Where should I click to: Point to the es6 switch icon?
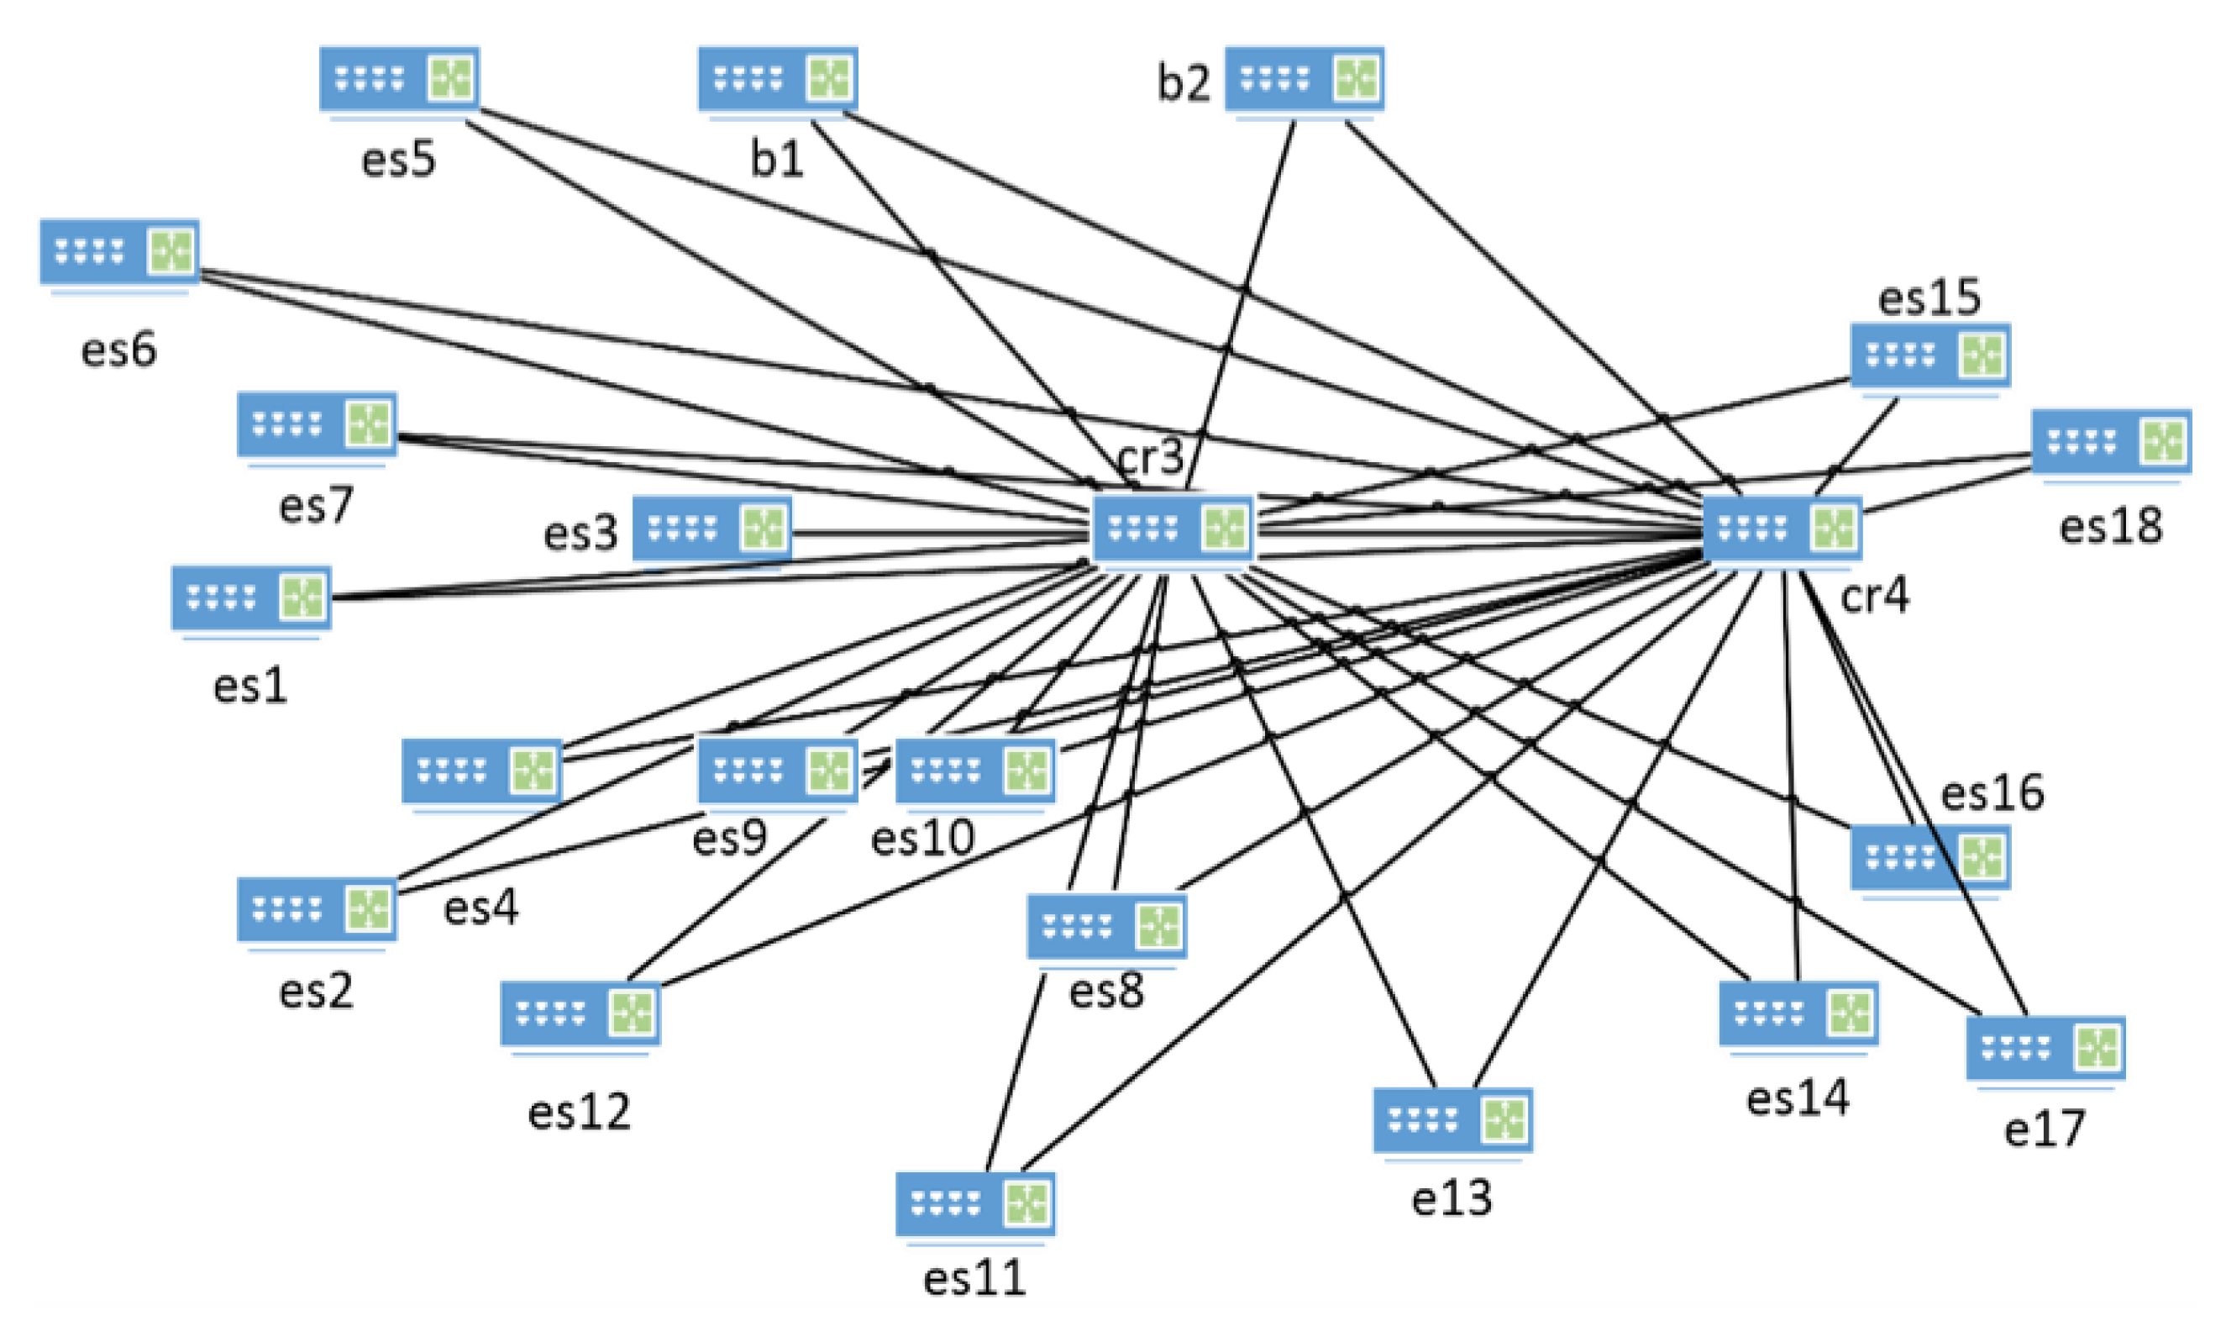(120, 252)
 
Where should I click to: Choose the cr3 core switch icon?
(1172, 529)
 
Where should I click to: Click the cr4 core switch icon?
(1782, 529)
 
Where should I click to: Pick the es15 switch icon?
(1930, 355)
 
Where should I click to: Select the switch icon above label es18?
(2111, 441)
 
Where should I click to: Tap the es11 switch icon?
(975, 1203)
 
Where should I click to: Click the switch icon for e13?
(1453, 1120)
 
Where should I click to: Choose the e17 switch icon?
(2045, 1048)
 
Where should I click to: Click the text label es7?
(316, 506)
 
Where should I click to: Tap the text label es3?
(580, 534)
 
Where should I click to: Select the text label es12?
(580, 1112)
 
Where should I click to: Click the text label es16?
(1992, 792)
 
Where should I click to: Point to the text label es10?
(922, 839)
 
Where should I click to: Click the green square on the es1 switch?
(302, 597)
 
